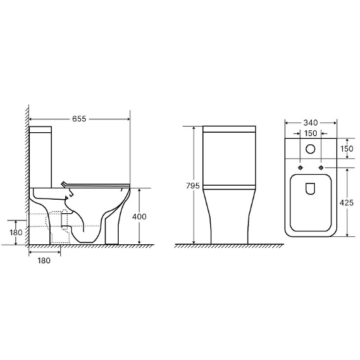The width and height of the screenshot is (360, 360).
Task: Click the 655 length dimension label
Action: [x=79, y=119]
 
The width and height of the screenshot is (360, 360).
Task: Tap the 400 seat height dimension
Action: [x=139, y=216]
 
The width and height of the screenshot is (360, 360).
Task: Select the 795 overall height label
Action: [x=193, y=186]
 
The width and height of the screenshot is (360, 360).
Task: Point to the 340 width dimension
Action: [x=311, y=123]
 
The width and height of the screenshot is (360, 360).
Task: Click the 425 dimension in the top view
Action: [x=347, y=203]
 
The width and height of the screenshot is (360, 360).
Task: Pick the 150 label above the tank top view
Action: [x=311, y=133]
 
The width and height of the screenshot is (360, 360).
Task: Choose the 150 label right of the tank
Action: [x=347, y=149]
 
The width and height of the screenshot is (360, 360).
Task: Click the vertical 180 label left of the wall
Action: [x=16, y=232]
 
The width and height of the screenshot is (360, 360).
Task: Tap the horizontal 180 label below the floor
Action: [x=44, y=261]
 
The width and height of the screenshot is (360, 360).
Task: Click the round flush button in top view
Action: [x=311, y=149]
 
